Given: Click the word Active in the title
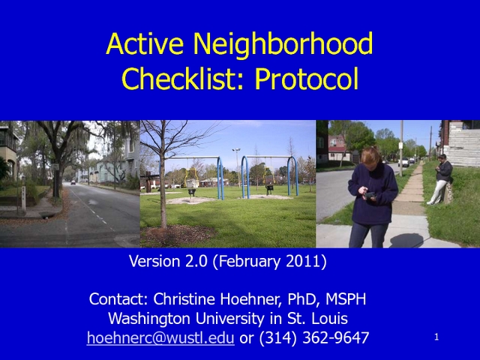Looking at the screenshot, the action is (x=145, y=43).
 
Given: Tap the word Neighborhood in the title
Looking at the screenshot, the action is (x=283, y=45).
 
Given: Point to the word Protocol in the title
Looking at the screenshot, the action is (x=307, y=78).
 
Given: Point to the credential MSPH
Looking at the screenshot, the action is (x=346, y=299).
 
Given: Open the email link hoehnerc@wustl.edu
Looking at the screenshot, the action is (x=160, y=338).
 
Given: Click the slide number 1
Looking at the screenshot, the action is (x=436, y=337).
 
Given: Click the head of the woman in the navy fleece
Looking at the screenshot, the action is (x=372, y=157).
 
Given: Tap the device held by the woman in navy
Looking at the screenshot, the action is (x=370, y=195).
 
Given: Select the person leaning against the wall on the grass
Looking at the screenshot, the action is (x=441, y=179).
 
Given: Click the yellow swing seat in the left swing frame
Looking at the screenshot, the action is (x=190, y=178).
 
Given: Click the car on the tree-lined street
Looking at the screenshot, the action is (x=73, y=182).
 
